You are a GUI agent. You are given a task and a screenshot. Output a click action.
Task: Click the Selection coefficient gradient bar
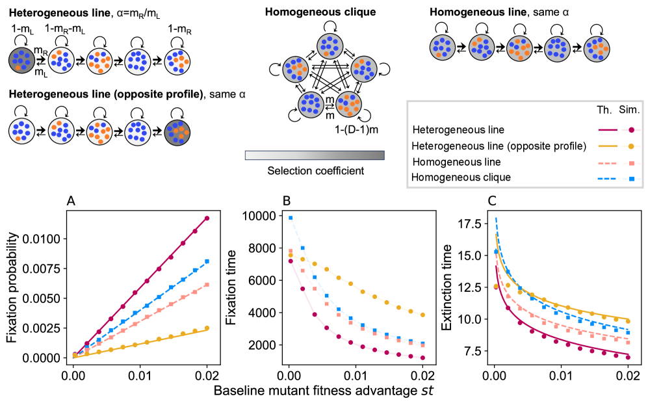pyautogui.click(x=315, y=155)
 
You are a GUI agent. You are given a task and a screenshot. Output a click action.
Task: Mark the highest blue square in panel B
pyautogui.click(x=291, y=218)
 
